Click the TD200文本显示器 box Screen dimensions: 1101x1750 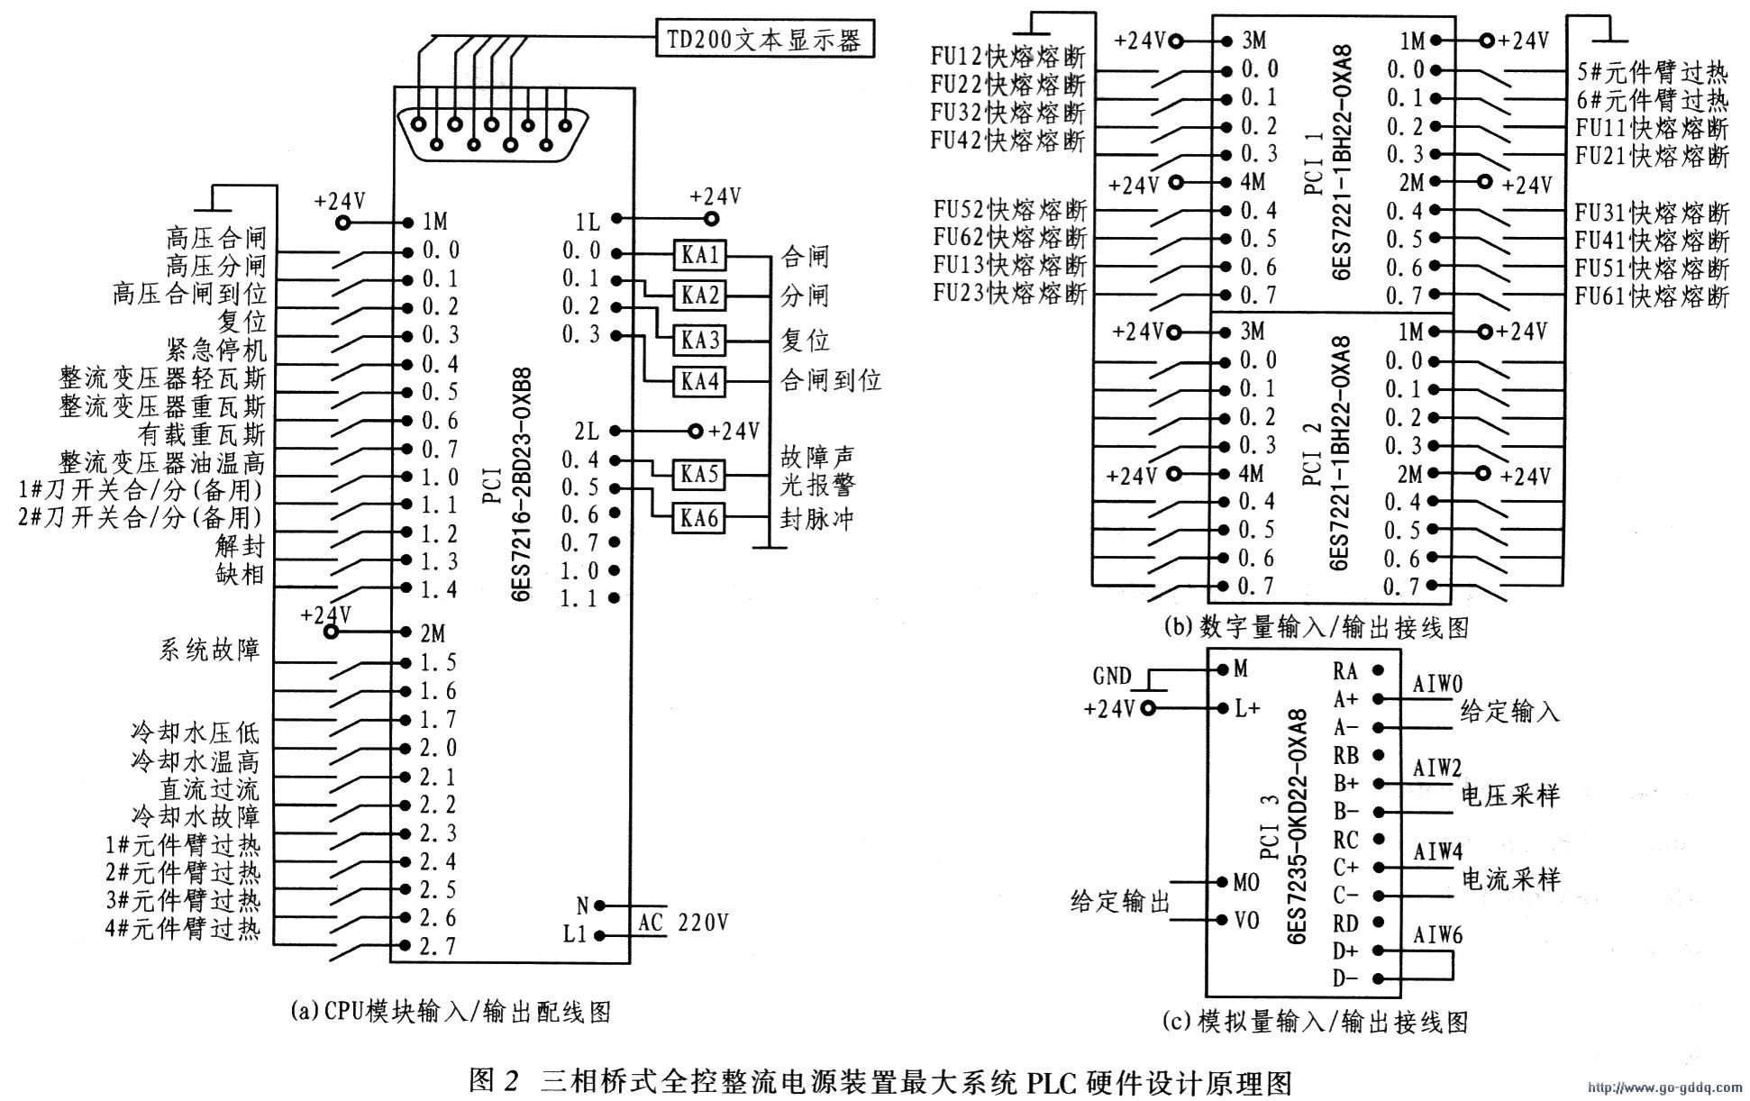[x=764, y=40]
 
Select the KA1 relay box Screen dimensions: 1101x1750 [x=699, y=256]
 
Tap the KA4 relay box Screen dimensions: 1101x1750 [x=699, y=382]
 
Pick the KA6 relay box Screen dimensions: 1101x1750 [x=699, y=519]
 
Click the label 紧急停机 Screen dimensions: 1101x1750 [x=217, y=349]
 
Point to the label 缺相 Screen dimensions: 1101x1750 [x=241, y=574]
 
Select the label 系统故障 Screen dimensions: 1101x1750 [x=211, y=650]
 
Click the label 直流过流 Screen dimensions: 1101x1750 [x=210, y=789]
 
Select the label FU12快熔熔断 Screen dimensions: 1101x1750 [x=1008, y=57]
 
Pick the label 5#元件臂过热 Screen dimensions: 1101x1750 [x=1653, y=70]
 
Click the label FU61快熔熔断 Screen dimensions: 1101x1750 [x=1653, y=296]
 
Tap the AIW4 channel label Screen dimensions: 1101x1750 [x=1438, y=851]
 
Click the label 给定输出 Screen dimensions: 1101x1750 [x=1120, y=901]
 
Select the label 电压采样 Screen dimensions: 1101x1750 [x=1509, y=796]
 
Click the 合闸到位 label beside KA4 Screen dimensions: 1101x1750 [x=831, y=380]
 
